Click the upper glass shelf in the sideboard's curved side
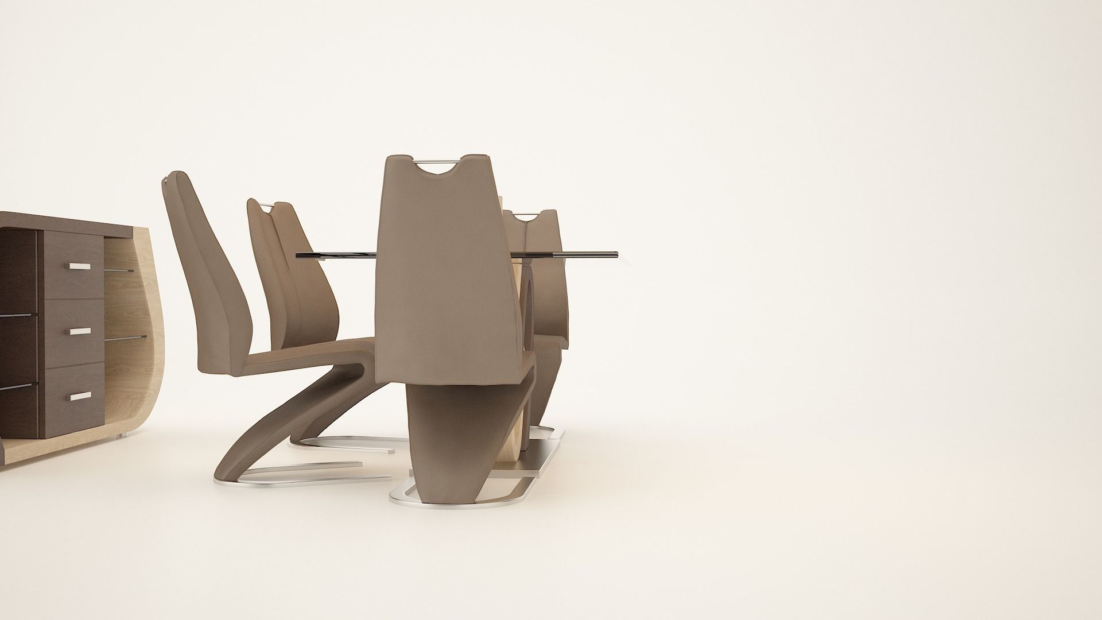point(119,270)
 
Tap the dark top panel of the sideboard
point(69,220)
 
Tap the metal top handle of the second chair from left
point(267,205)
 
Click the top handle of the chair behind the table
point(525,215)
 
